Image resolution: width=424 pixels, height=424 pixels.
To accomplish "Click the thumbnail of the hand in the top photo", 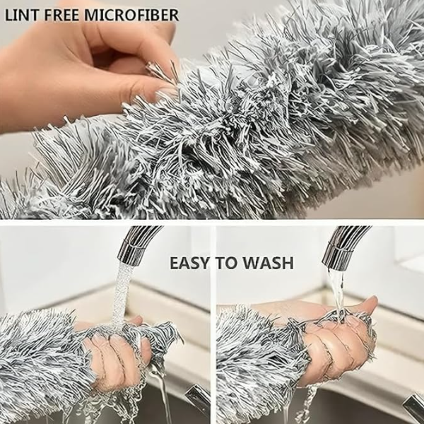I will pyautogui.click(x=161, y=90).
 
